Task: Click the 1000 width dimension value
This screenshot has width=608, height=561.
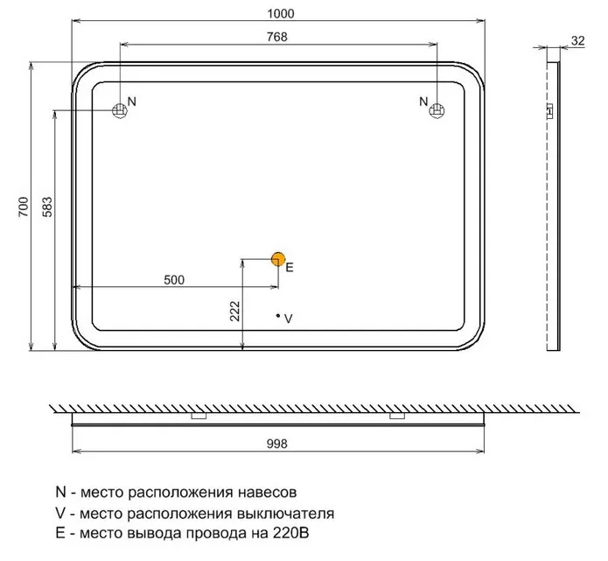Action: click(281, 14)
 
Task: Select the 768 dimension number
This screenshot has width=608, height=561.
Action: click(277, 37)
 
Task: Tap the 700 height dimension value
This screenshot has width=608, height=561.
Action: click(24, 207)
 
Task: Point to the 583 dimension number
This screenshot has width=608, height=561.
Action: click(47, 207)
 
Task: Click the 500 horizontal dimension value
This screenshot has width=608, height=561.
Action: click(174, 280)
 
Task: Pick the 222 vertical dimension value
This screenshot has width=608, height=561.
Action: click(235, 312)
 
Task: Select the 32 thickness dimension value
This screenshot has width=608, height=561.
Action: click(577, 41)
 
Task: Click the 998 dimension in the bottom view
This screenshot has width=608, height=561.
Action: click(277, 444)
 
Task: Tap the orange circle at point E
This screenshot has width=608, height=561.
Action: click(278, 259)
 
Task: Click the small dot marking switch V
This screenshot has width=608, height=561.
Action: click(278, 316)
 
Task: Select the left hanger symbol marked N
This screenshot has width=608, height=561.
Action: click(120, 110)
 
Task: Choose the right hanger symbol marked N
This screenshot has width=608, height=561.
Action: click(437, 110)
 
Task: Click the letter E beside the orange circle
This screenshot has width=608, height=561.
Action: click(290, 267)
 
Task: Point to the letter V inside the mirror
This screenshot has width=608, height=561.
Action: click(289, 319)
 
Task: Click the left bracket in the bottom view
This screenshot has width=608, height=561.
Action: click(199, 416)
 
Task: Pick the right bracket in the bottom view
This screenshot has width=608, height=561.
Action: click(397, 416)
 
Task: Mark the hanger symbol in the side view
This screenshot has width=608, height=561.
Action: click(550, 111)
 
